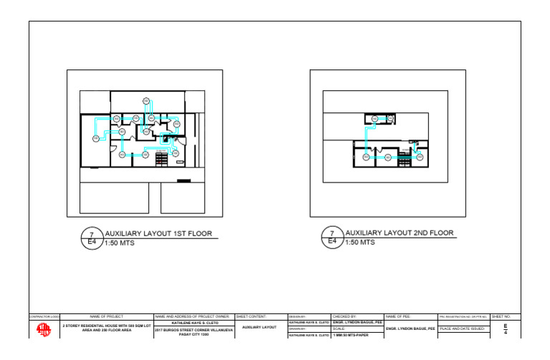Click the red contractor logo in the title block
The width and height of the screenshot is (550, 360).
click(x=44, y=329)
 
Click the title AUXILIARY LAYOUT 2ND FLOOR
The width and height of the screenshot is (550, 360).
click(x=400, y=233)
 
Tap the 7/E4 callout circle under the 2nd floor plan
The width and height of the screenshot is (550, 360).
click(x=332, y=238)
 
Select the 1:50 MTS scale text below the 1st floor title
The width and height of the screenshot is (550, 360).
click(x=120, y=243)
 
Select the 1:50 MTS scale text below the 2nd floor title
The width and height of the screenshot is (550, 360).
click(x=360, y=243)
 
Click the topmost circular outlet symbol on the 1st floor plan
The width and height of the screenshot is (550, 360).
click(x=145, y=101)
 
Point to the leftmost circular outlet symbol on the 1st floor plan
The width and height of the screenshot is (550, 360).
click(x=95, y=138)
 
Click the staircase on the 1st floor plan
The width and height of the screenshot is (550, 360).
click(x=161, y=159)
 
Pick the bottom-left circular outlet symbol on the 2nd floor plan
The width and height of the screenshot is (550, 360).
click(x=366, y=157)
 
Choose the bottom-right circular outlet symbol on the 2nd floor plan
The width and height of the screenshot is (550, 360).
click(x=419, y=157)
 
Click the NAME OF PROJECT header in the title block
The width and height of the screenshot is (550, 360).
click(x=107, y=316)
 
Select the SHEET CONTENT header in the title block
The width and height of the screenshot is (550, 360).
click(x=251, y=316)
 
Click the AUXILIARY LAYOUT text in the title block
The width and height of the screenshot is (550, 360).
click(x=259, y=327)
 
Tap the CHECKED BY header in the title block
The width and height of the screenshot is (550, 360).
click(x=345, y=316)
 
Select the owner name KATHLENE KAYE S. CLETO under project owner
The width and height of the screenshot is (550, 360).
click(x=193, y=323)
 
